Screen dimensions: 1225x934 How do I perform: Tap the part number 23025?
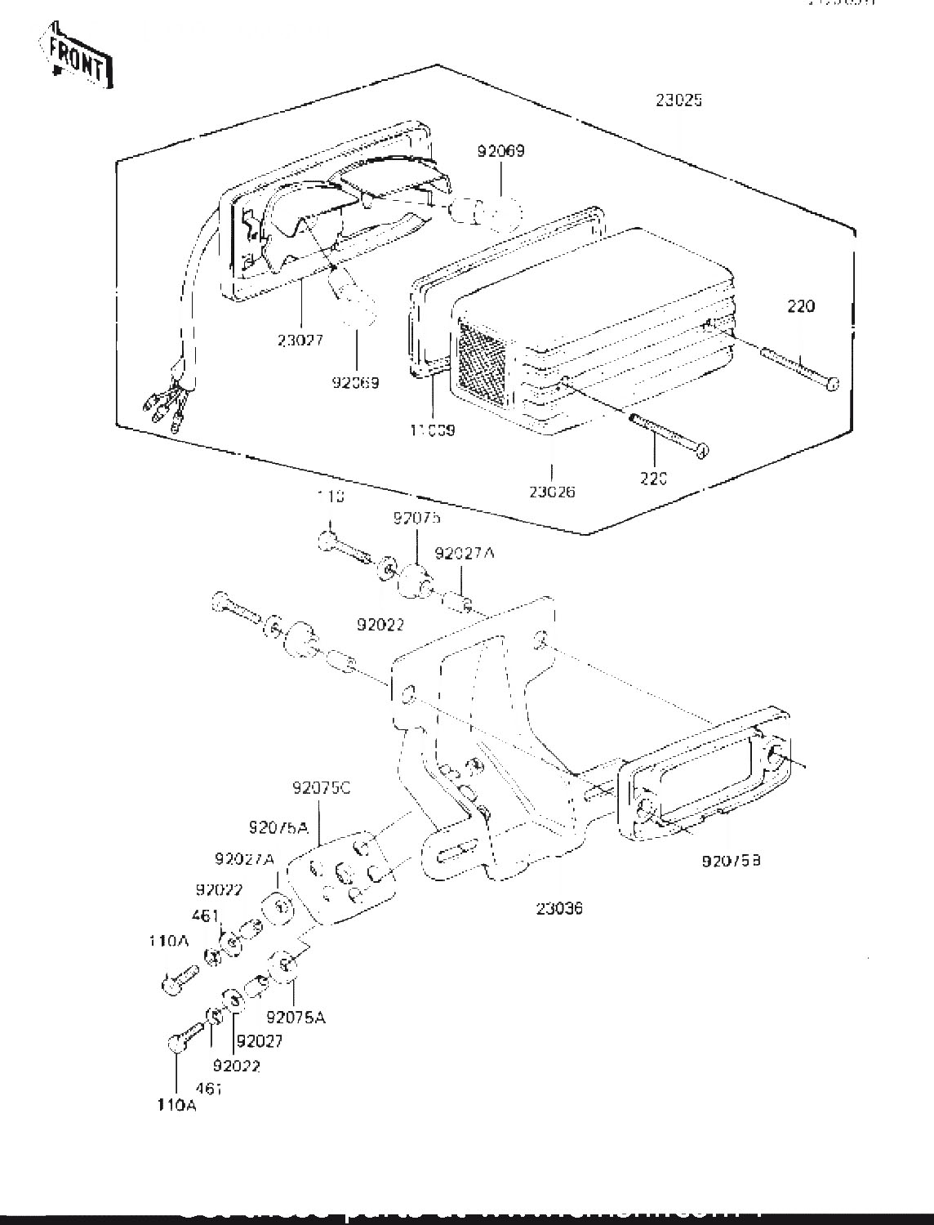[x=678, y=100]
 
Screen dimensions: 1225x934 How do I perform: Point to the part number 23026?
[x=552, y=492]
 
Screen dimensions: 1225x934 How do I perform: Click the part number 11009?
[x=432, y=430]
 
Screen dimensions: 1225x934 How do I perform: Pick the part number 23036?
[x=560, y=908]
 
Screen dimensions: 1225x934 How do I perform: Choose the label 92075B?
[x=731, y=860]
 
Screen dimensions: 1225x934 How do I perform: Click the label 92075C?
[x=322, y=789]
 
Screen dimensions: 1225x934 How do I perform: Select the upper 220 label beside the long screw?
[x=801, y=307]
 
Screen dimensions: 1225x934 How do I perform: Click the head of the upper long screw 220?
[x=831, y=383]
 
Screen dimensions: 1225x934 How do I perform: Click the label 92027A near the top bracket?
[x=465, y=553]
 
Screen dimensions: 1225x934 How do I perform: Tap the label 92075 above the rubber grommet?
[x=417, y=517]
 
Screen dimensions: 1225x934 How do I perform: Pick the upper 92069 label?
[x=501, y=150]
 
